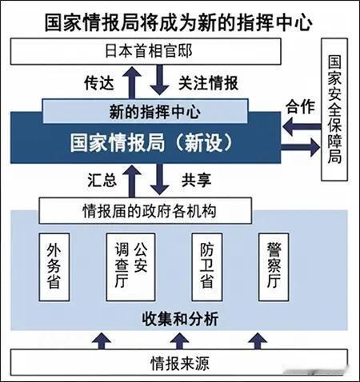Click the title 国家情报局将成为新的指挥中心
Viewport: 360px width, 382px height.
(x=178, y=23)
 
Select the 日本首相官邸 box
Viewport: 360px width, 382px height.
(x=146, y=51)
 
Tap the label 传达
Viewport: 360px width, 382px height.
(x=99, y=82)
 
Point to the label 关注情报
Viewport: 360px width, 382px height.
(x=208, y=83)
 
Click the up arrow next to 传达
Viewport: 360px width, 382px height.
(x=132, y=82)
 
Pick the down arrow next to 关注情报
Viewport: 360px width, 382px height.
(x=159, y=80)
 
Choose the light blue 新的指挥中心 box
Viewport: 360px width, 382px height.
(x=146, y=111)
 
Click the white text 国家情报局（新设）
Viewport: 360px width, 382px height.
(x=151, y=143)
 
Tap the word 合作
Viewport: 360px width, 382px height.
(x=300, y=107)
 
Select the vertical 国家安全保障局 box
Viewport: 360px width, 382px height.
(x=334, y=109)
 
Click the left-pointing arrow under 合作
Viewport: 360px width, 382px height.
(x=302, y=126)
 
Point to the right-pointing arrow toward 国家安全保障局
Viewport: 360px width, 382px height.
(x=300, y=147)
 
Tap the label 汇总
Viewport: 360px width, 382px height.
(x=102, y=180)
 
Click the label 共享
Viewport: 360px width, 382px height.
(x=197, y=180)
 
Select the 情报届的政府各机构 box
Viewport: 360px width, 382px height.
(x=146, y=211)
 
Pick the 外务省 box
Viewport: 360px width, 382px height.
(x=54, y=267)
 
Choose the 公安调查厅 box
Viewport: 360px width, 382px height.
(x=130, y=267)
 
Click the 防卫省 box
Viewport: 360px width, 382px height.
(x=207, y=267)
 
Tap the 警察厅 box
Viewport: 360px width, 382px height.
(x=274, y=267)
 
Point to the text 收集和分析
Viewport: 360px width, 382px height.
(x=180, y=319)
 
